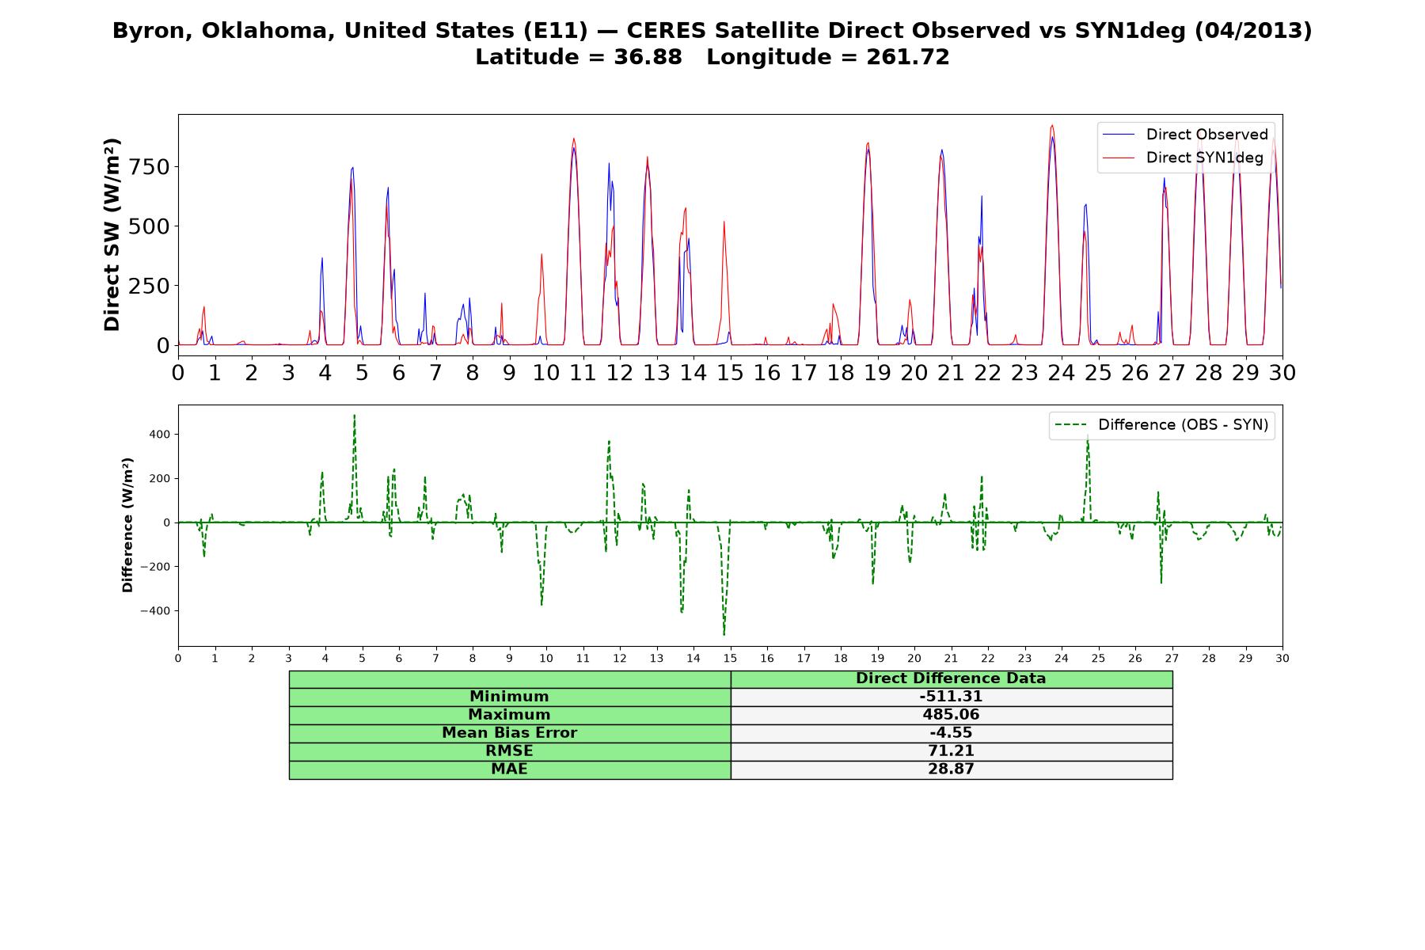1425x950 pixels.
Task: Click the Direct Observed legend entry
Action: tap(1185, 135)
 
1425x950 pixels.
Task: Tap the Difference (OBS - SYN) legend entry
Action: tap(1161, 425)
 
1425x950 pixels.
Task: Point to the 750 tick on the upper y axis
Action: tap(150, 167)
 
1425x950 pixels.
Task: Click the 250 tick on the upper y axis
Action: tap(150, 286)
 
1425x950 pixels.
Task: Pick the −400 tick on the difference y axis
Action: tap(155, 611)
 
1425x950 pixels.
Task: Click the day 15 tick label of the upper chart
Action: tap(730, 372)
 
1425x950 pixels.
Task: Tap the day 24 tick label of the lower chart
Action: tap(1062, 658)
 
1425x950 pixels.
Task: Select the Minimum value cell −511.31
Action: tap(951, 697)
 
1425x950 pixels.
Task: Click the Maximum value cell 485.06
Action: tap(951, 715)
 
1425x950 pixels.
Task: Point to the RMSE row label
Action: tap(509, 750)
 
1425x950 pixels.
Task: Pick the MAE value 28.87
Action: tap(951, 769)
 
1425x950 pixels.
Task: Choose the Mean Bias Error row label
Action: tap(509, 733)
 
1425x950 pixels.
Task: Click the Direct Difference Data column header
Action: tap(951, 678)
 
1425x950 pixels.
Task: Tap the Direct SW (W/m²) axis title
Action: tap(112, 234)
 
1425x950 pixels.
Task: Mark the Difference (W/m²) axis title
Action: tap(127, 525)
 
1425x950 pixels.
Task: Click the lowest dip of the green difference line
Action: tap(724, 634)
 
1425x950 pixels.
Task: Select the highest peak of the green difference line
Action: tap(354, 416)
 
